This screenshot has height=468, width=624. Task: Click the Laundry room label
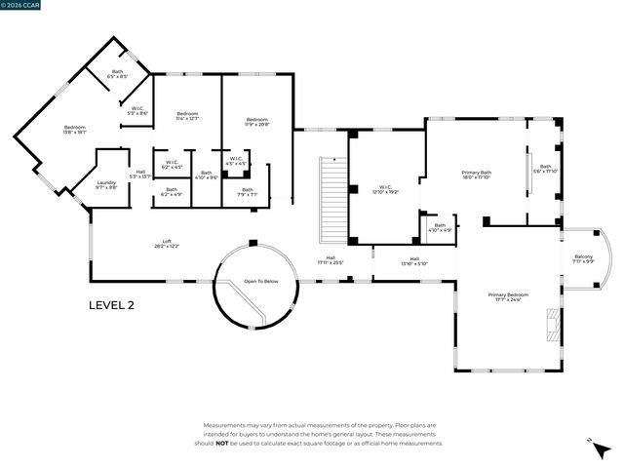(x=106, y=184)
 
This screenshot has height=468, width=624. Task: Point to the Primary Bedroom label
(x=508, y=296)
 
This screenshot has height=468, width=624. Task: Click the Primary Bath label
(x=477, y=175)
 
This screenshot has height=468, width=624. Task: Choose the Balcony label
(x=582, y=258)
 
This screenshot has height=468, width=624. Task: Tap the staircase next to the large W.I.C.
(x=333, y=200)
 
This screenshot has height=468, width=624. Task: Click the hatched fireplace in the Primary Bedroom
(x=553, y=326)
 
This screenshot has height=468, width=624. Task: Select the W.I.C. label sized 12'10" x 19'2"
(x=387, y=189)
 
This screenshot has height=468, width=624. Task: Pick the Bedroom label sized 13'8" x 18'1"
(x=75, y=131)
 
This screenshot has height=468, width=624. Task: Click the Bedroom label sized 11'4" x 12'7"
(x=187, y=116)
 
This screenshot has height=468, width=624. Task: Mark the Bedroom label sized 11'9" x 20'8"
(x=257, y=122)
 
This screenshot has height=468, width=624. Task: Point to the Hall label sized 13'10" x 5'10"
(x=414, y=261)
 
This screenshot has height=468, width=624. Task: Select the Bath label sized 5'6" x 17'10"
(x=546, y=169)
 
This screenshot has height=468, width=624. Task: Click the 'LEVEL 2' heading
(x=111, y=305)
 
